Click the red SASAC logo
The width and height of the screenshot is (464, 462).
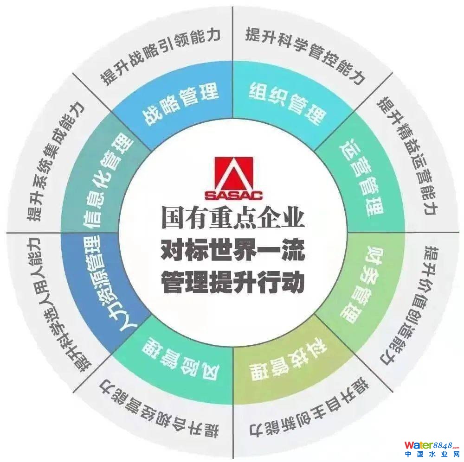[234, 178]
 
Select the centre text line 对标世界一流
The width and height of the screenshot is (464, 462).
[233, 251]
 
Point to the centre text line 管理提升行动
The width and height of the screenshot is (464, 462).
[233, 282]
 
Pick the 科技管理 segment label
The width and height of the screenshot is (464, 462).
[287, 361]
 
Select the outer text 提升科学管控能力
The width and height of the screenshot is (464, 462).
[305, 55]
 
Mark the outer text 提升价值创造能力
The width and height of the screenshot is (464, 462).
[407, 304]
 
